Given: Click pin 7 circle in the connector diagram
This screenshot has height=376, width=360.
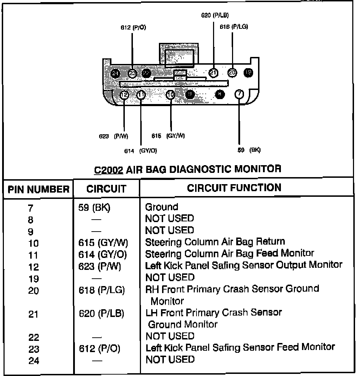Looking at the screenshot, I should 239,94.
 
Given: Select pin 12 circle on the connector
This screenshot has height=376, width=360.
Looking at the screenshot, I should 124,95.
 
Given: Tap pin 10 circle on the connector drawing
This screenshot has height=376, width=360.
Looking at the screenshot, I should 171,95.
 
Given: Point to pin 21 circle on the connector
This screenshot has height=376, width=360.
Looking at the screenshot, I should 213,73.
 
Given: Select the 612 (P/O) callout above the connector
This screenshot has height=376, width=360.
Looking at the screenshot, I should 133,28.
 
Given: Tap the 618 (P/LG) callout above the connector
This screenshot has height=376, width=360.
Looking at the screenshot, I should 234,27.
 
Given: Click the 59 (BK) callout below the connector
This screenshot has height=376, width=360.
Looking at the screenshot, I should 249,150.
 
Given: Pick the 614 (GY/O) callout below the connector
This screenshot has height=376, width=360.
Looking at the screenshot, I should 141,151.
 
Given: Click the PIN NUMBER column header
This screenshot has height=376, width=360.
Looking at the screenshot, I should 39,189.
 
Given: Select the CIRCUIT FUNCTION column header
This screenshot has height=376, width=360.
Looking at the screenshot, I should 234,188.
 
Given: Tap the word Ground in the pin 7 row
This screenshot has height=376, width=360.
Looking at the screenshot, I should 162,207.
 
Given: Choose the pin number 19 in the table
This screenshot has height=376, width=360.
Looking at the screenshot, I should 33,279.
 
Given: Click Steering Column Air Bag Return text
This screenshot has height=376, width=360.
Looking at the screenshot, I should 215,242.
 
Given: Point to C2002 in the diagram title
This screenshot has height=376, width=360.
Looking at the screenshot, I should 108,169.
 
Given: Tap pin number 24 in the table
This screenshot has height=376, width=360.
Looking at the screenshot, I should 34,361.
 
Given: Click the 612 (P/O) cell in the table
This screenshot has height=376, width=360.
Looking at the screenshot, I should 99,349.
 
